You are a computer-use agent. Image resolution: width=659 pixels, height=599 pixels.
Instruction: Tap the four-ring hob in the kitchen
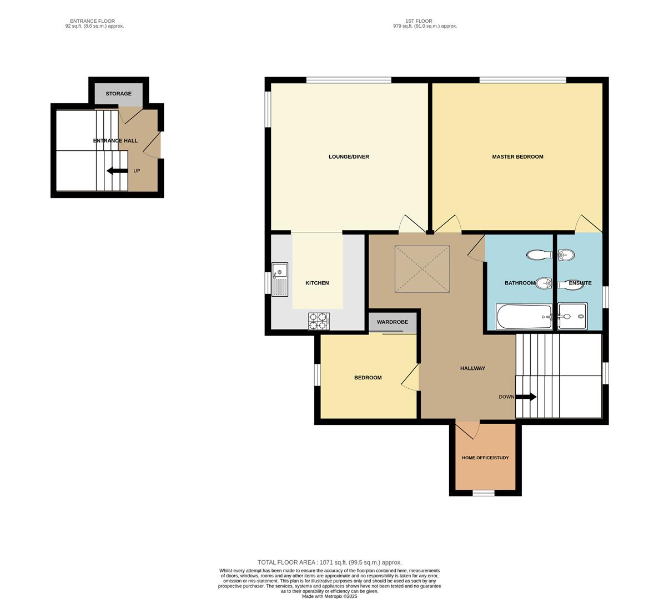(319, 321)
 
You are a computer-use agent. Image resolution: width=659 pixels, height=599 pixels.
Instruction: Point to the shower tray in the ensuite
(572, 316)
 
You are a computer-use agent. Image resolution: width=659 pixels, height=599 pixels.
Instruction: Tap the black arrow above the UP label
(117, 171)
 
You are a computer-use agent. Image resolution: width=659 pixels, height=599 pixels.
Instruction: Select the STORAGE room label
(118, 94)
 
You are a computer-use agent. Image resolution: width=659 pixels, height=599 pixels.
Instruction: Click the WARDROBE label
(393, 322)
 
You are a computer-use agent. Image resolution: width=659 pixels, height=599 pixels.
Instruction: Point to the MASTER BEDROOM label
(517, 157)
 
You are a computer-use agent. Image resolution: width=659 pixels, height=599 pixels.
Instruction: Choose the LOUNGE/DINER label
(349, 157)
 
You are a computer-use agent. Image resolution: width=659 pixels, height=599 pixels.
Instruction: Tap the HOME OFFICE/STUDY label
(485, 458)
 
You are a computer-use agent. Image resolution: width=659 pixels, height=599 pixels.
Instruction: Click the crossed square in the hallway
(422, 269)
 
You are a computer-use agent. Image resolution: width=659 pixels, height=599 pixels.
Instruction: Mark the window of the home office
(483, 493)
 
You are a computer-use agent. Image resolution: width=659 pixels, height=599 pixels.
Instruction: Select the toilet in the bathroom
(538, 255)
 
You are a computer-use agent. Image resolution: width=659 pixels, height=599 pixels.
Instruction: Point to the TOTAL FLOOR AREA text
(329, 562)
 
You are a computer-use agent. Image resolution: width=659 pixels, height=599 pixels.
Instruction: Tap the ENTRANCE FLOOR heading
(92, 21)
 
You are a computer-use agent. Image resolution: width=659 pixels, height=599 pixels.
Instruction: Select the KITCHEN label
(317, 283)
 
